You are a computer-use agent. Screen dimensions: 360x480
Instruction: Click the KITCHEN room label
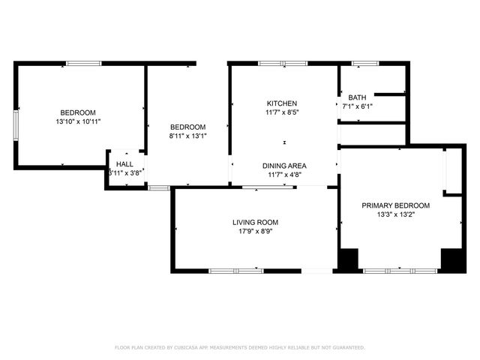282,103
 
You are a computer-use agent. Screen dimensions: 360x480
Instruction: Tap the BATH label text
356,97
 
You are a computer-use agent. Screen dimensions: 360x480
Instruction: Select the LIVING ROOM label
255,223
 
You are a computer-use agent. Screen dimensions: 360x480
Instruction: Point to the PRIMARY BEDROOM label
395,205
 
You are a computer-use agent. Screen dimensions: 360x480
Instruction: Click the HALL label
124,163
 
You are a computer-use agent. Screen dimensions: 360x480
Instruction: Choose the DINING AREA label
283,166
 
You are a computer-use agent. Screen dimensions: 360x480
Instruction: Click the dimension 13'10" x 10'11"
78,121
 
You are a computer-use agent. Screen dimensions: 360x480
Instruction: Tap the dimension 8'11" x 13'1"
187,136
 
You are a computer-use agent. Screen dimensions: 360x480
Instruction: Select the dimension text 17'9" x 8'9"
255,232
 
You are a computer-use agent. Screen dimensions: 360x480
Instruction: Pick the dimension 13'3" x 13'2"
395,214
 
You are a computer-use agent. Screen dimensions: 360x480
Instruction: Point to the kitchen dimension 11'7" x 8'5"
282,112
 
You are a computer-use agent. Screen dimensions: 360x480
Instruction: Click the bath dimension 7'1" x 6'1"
358,106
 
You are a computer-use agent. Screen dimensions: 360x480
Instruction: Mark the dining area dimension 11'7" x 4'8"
283,175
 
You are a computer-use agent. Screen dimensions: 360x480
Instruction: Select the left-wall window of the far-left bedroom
16,125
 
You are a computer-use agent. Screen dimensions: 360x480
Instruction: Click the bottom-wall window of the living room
235,270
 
